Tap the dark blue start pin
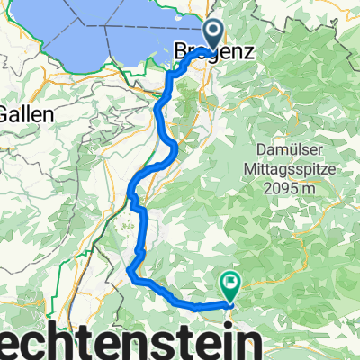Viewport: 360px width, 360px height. point(214,36)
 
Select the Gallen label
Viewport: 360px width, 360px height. point(27,115)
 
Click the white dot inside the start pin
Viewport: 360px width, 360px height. point(214,31)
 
